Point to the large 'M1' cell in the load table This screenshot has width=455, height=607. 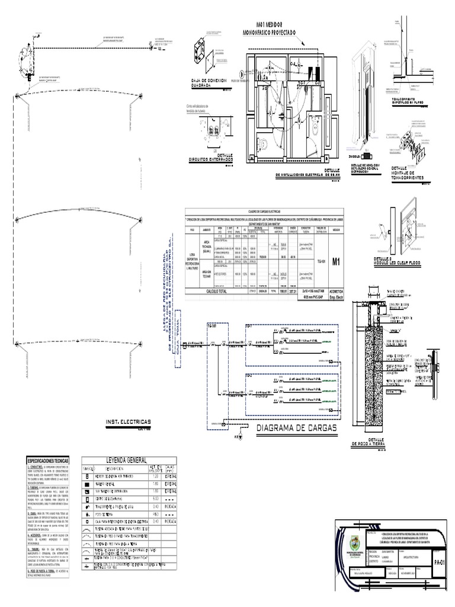[336, 261]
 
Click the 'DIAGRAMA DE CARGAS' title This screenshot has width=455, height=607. [297, 428]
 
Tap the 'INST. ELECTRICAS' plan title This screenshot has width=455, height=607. [129, 422]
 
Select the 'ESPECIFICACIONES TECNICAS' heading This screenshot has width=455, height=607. [49, 460]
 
